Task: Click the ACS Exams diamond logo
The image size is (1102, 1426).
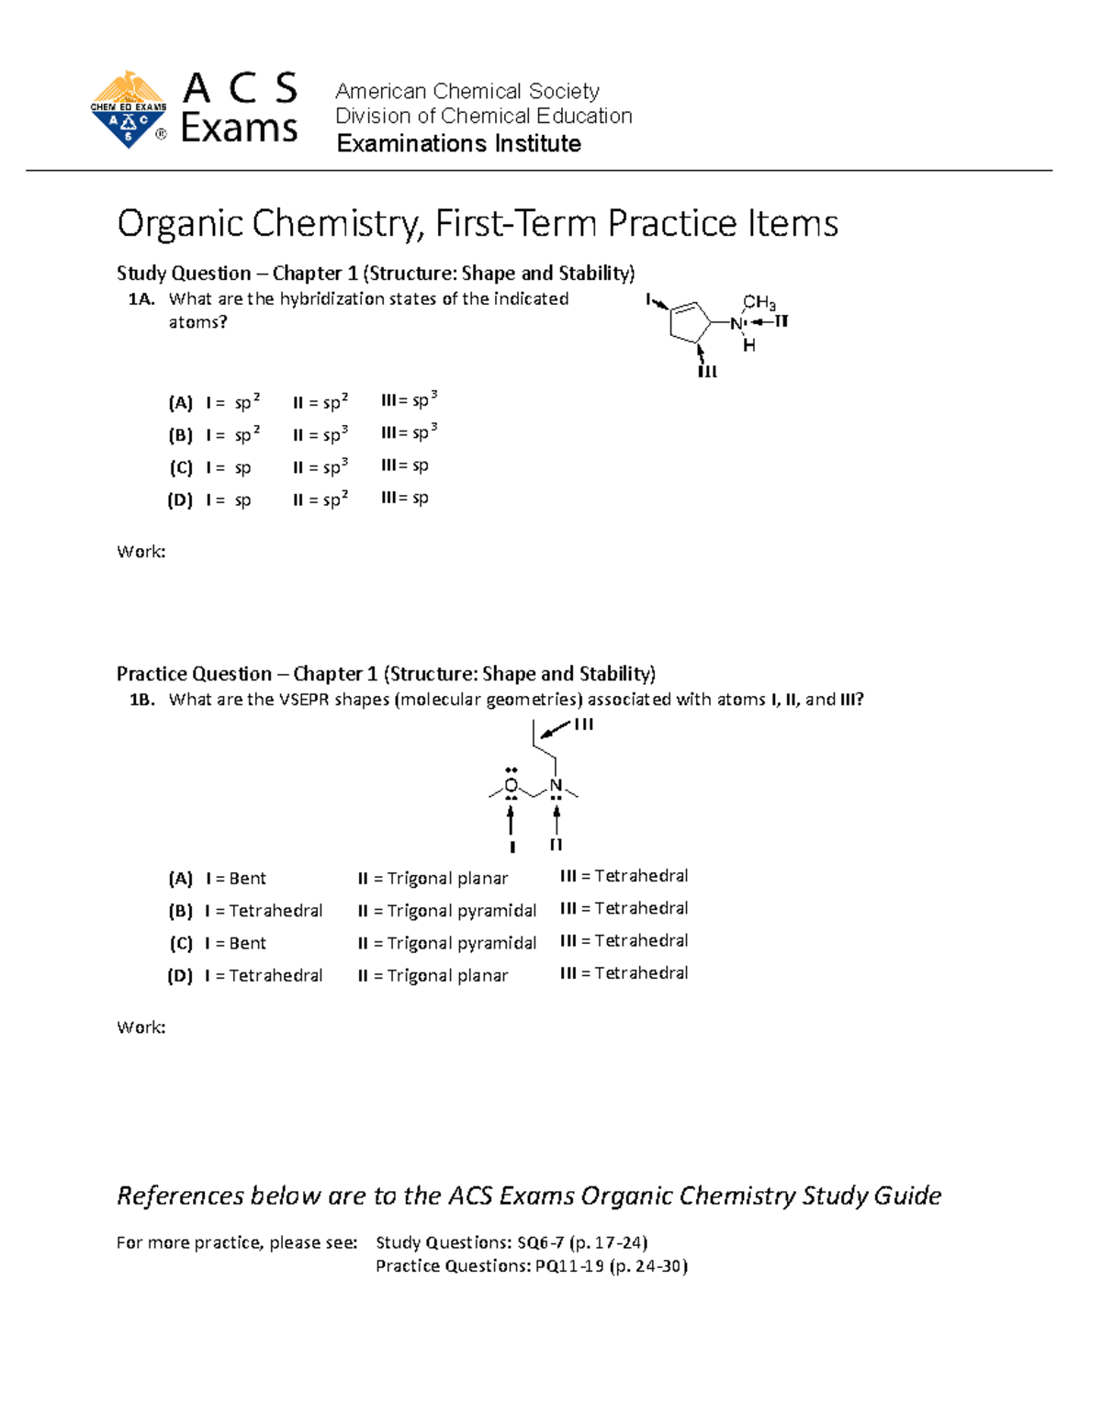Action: pyautogui.click(x=129, y=110)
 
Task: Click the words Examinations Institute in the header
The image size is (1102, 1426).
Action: pyautogui.click(x=458, y=143)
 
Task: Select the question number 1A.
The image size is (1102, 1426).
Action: pyautogui.click(x=141, y=299)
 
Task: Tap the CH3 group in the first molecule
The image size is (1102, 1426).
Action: pyautogui.click(x=759, y=302)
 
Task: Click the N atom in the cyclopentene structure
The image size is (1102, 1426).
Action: pyautogui.click(x=737, y=323)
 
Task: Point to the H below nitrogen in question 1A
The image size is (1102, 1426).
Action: pyautogui.click(x=749, y=346)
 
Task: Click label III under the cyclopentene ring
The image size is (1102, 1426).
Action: pyautogui.click(x=707, y=372)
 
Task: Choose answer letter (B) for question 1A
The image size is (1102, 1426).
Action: pyautogui.click(x=180, y=435)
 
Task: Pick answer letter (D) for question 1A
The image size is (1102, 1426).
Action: pyautogui.click(x=180, y=500)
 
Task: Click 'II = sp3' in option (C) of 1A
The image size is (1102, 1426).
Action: pyautogui.click(x=320, y=467)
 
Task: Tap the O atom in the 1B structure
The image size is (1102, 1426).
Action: pyautogui.click(x=512, y=786)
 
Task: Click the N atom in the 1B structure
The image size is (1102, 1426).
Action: pyautogui.click(x=556, y=786)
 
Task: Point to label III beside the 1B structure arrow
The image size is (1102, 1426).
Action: pyautogui.click(x=584, y=724)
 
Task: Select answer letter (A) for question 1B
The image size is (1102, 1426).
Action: pyautogui.click(x=180, y=879)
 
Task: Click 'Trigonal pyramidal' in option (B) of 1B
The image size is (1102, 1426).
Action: pyautogui.click(x=461, y=911)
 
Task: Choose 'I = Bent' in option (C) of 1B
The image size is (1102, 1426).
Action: pyautogui.click(x=236, y=943)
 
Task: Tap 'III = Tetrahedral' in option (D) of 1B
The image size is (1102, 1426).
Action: pyautogui.click(x=624, y=973)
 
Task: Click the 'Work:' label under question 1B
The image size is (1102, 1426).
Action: pyautogui.click(x=141, y=1027)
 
